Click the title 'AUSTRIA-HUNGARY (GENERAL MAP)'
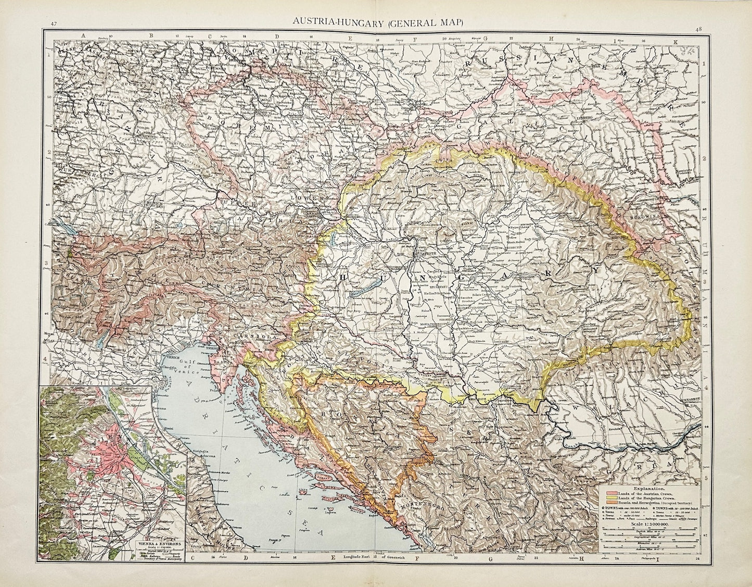click(376, 22)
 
